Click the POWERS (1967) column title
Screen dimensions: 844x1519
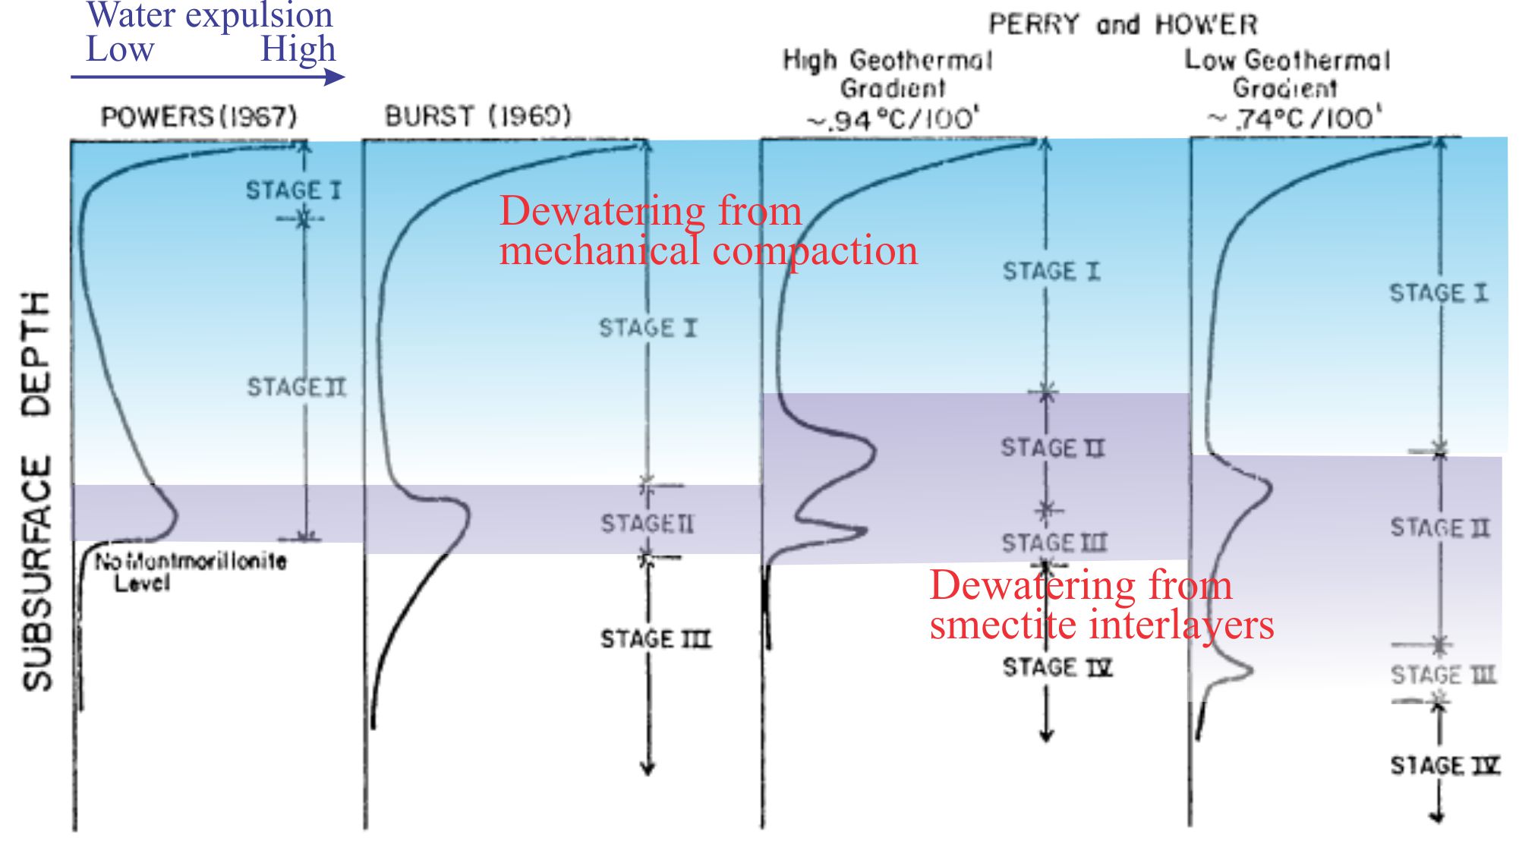pyautogui.click(x=199, y=117)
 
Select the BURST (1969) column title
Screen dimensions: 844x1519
pyautogui.click(x=477, y=116)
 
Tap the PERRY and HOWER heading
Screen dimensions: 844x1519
pyautogui.click(x=1123, y=25)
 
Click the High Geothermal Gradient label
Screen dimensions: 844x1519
pyautogui.click(x=887, y=74)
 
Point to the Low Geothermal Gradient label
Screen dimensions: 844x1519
pyautogui.click(x=1287, y=74)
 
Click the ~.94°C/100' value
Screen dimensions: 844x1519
pyautogui.click(x=893, y=119)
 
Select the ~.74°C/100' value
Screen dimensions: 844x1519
pyautogui.click(x=1295, y=118)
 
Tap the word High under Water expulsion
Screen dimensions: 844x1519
pyautogui.click(x=298, y=49)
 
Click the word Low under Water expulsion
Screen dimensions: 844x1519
pyautogui.click(x=120, y=49)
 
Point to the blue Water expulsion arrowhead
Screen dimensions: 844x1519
pyautogui.click(x=334, y=77)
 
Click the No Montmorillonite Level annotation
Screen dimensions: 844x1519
pyautogui.click(x=190, y=572)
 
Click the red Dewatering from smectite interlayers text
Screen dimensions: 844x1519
pyautogui.click(x=1101, y=605)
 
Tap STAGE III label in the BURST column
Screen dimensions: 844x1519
pyautogui.click(x=656, y=639)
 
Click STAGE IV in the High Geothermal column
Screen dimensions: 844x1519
pyautogui.click(x=1057, y=667)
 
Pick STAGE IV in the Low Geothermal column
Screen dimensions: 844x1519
pyautogui.click(x=1445, y=765)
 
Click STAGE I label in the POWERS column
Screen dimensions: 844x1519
pyautogui.click(x=293, y=190)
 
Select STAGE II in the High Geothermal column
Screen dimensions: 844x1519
pyautogui.click(x=1052, y=448)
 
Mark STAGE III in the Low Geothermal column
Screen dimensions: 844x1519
pyautogui.click(x=1443, y=674)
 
